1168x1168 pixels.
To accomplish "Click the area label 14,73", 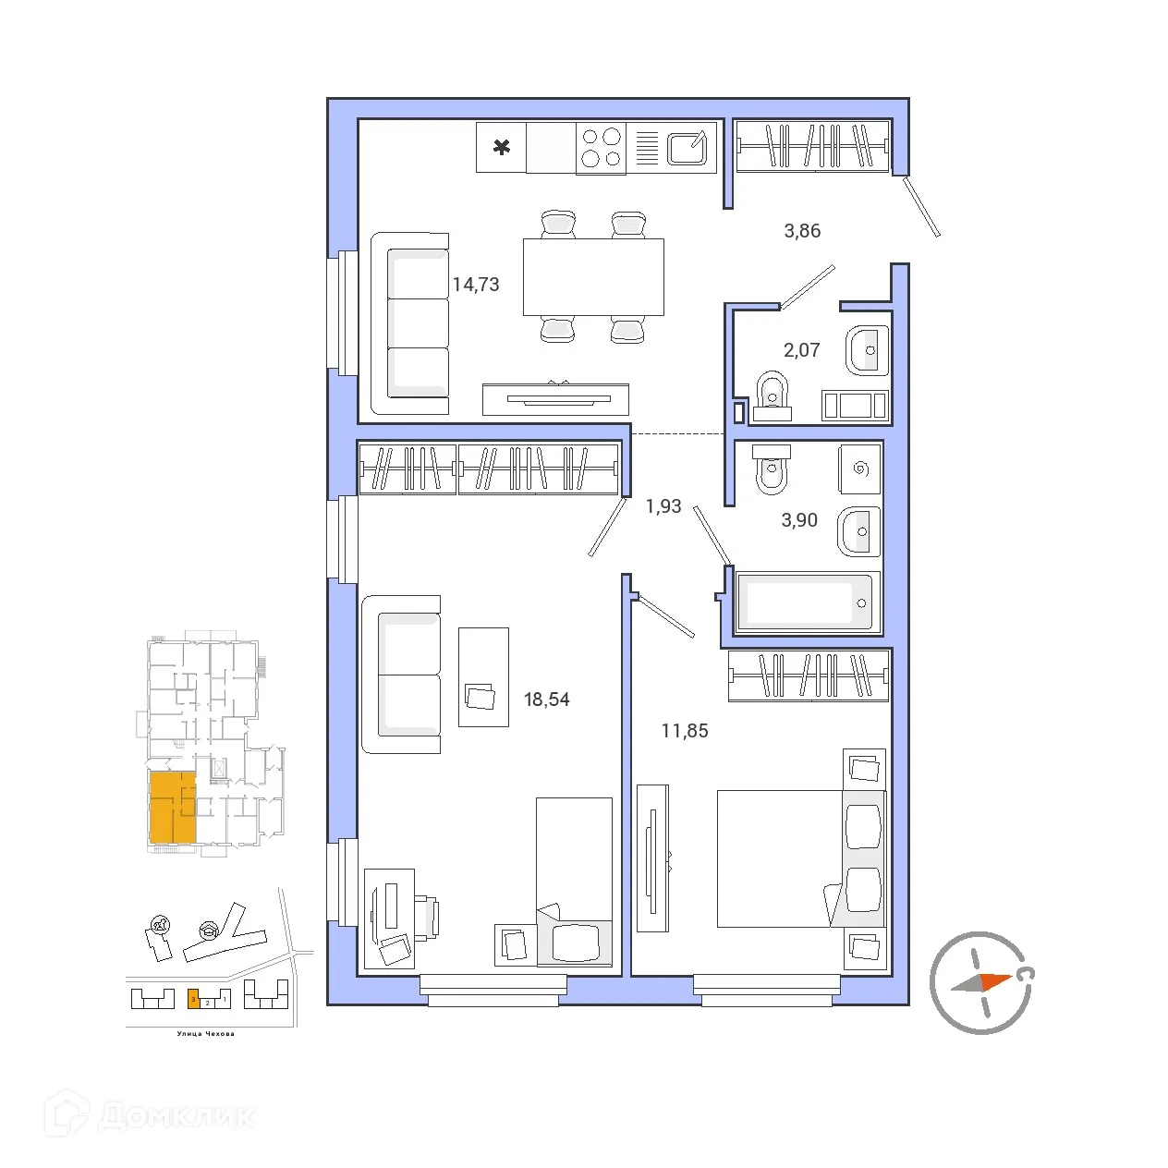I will point(476,285).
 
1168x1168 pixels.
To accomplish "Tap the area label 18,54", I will point(546,700).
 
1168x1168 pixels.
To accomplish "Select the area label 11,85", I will point(685,731).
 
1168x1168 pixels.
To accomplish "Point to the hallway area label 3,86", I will point(802,231).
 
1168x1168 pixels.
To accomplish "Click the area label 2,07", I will point(801,350).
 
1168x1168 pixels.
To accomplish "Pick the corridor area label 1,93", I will point(663,506).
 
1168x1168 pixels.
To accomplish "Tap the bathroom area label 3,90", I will point(799,520).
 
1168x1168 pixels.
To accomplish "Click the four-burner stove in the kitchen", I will point(601,148).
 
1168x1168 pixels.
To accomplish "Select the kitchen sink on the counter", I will point(687,148).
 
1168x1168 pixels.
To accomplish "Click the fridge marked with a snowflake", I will point(502,147).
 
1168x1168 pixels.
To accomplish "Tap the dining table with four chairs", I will point(593,277).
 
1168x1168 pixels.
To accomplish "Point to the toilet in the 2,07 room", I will point(772,395).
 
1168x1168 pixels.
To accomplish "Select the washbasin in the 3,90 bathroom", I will point(859,532).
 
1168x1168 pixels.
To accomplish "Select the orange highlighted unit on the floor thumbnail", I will point(172,808).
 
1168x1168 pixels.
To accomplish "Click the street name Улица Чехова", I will point(205,1034).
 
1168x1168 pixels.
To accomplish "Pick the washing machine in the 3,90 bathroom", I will point(860,468).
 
